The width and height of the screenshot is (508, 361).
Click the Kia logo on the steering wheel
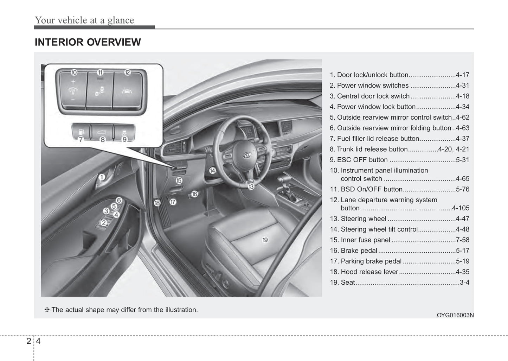tap(247, 155)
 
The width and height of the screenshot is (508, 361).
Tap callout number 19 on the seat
tap(265, 240)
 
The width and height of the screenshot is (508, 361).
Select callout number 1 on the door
tap(101, 177)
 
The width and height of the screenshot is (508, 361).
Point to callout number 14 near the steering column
tap(212, 171)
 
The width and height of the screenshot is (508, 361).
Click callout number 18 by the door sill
tap(157, 203)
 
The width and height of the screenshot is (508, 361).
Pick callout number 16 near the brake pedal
tap(194, 194)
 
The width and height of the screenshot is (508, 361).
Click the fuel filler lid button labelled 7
tap(81, 132)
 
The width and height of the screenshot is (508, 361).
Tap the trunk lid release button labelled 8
tap(102, 132)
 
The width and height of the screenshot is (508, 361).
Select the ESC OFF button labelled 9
tap(124, 132)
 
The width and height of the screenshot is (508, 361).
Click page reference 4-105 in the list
tap(461, 208)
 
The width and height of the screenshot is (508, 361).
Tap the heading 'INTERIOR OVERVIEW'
tap(88, 42)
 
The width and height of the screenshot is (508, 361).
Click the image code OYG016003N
tap(455, 315)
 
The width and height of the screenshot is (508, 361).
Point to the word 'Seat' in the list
tap(348, 282)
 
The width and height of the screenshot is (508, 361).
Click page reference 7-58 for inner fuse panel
tap(462, 240)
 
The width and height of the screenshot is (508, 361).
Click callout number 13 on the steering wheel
tap(251, 187)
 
